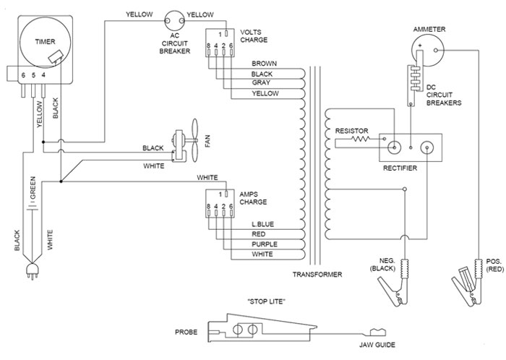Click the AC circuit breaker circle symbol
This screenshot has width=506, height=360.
[x=175, y=21]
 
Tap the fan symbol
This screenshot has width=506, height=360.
[x=185, y=141]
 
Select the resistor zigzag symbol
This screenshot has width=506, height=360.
[x=360, y=139]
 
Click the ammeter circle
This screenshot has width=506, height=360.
[x=428, y=51]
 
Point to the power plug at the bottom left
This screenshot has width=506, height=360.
[x=33, y=270]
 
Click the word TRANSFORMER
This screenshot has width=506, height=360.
[x=317, y=275]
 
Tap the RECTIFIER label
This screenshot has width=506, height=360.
[x=400, y=168]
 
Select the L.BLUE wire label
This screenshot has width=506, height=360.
[x=262, y=224]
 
